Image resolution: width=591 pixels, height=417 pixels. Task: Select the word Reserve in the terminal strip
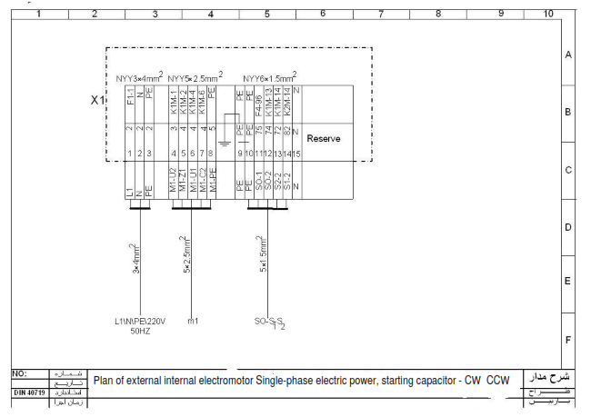click(323, 139)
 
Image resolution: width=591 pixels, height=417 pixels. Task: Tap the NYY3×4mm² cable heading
click(139, 77)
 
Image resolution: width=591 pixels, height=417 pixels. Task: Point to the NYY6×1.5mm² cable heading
click(269, 77)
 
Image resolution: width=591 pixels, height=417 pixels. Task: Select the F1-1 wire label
click(130, 95)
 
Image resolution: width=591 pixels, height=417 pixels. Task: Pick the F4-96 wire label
click(258, 95)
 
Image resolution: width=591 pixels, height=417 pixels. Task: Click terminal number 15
click(296, 154)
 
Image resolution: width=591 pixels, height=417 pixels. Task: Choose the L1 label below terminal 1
click(130, 193)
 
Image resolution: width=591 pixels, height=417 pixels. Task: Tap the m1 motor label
click(193, 321)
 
